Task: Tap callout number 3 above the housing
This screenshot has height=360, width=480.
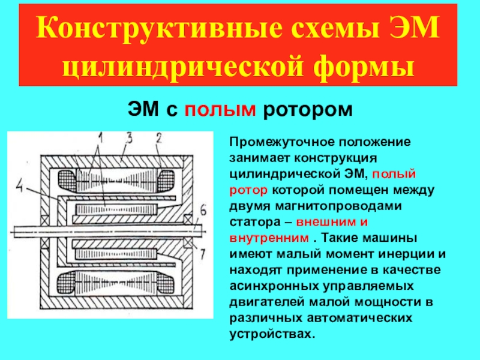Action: click(128, 137)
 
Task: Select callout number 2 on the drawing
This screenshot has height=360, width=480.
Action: click(159, 137)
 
